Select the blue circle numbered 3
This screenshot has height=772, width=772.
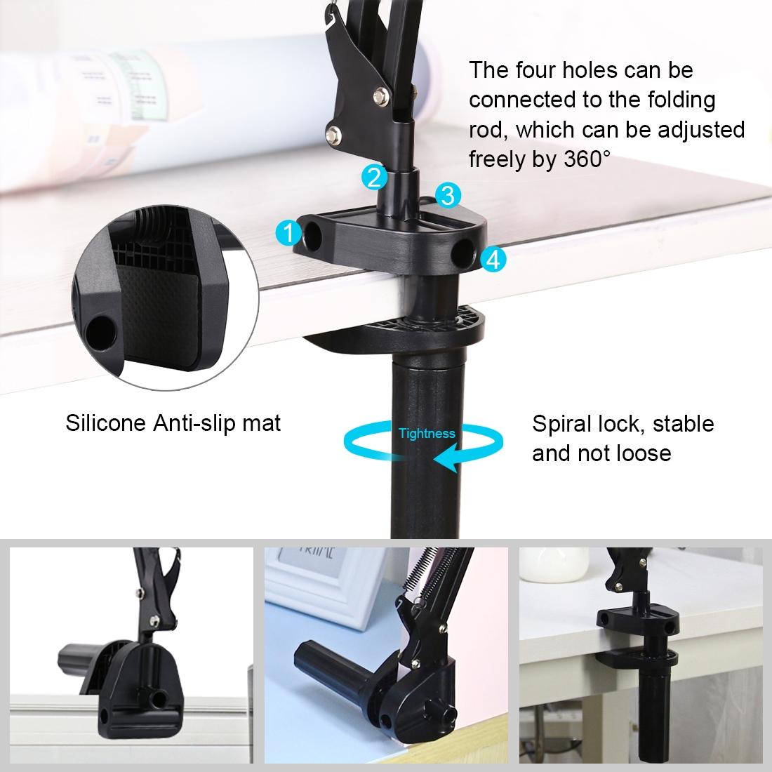448,194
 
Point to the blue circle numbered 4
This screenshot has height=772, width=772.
493,260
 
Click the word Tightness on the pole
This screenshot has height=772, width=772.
427,434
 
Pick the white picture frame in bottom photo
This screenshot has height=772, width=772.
316,583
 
